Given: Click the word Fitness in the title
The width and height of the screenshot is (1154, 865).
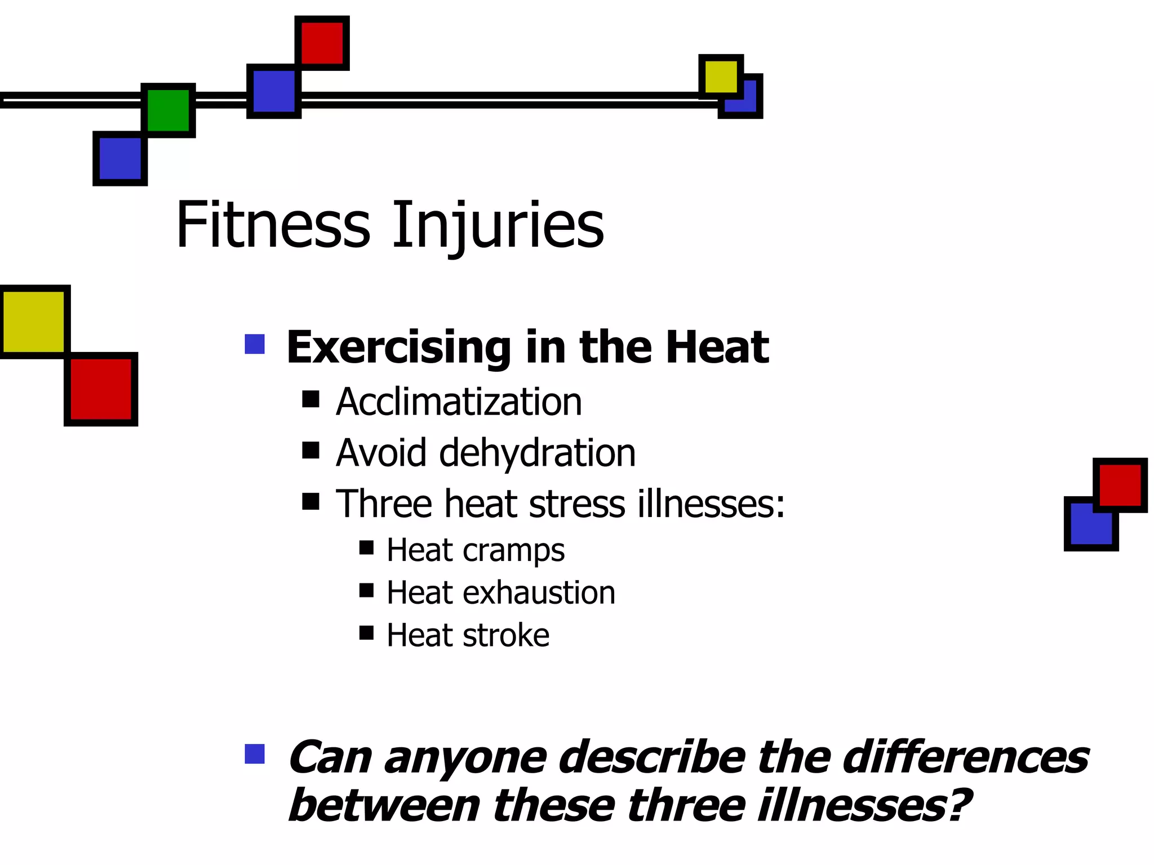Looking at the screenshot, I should pos(273,225).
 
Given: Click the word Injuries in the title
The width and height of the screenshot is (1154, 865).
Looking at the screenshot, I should pos(498,225).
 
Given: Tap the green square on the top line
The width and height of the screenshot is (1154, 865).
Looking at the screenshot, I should pos(168,110).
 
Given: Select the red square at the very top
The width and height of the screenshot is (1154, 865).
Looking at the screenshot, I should pos(322,43).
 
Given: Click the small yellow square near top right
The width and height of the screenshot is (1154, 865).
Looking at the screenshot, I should pos(720,77).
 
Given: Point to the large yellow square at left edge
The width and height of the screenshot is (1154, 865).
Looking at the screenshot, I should pos(34,322).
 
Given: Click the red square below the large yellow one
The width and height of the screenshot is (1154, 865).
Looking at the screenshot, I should pos(101,389).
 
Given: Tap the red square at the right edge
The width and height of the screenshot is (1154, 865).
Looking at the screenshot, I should pos(1120,485).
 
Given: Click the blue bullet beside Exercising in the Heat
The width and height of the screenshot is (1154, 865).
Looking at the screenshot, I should pos(255,345).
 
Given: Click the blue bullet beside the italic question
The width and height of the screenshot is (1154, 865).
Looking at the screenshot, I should pos(255,754).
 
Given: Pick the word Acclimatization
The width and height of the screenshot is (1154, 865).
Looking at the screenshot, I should pos(459,402).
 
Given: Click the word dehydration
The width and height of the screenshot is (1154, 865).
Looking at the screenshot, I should pos(537,453).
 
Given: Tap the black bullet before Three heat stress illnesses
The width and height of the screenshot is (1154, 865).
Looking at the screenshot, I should pos(310,501).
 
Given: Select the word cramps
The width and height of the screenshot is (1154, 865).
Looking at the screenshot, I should pos(513,550).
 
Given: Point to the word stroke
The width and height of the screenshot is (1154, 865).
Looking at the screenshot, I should pos(505,636).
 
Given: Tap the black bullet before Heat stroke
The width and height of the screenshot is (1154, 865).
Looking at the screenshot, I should pos(366,633).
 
